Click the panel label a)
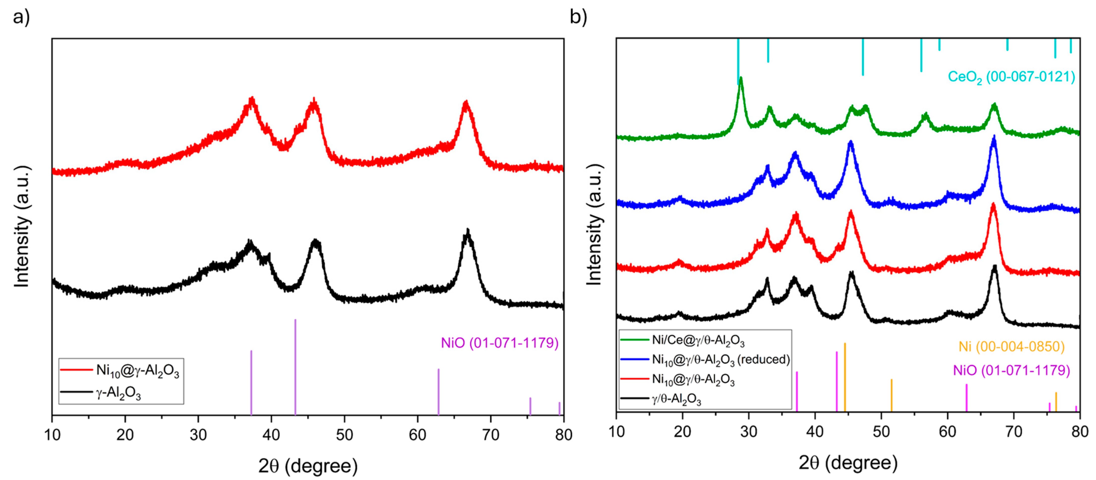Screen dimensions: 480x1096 point(21,18)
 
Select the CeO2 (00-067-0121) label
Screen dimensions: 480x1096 point(1011,77)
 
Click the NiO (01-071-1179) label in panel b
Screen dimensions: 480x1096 point(1011,370)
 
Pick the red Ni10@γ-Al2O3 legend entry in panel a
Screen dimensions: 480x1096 point(137,371)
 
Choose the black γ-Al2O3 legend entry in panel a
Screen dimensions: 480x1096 point(118,393)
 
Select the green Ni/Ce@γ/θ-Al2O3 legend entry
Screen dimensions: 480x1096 point(698,340)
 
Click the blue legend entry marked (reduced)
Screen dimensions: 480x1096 point(721,360)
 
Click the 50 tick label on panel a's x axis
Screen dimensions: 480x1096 point(344,435)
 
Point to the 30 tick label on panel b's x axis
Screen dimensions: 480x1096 point(748,432)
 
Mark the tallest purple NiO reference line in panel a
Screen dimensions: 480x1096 point(295,366)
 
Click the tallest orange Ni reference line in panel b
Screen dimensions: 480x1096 point(844,377)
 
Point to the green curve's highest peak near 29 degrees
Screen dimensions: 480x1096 point(741,79)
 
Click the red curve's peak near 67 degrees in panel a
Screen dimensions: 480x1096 point(466,103)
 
